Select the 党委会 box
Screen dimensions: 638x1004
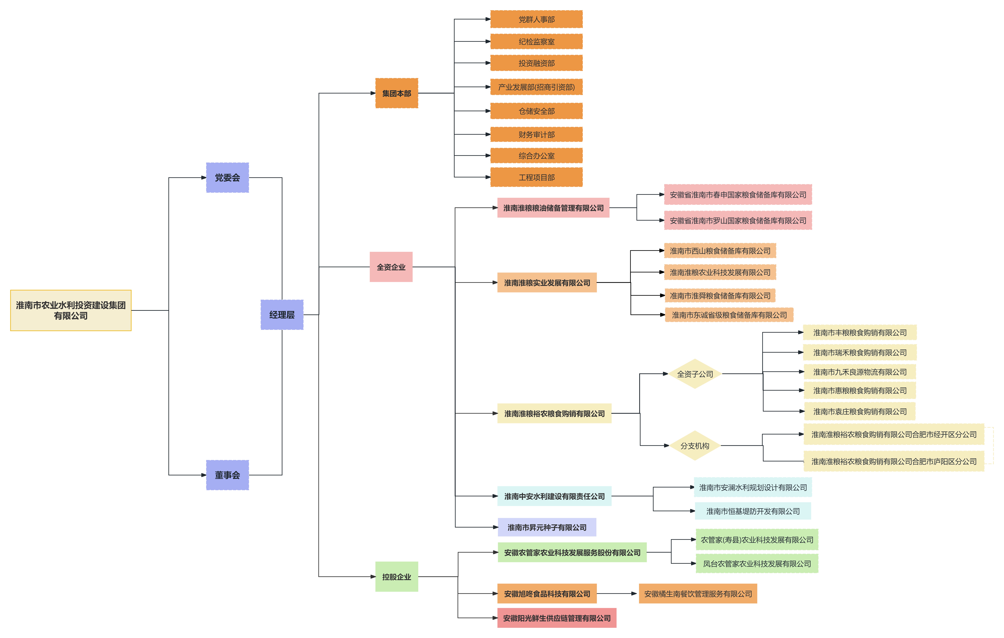227,178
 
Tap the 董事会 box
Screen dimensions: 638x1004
227,475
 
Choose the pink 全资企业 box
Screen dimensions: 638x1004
391,267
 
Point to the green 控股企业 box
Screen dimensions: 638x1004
396,577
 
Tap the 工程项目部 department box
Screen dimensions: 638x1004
536,177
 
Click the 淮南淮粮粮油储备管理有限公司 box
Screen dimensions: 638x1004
553,208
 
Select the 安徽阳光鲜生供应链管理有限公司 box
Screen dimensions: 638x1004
557,618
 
